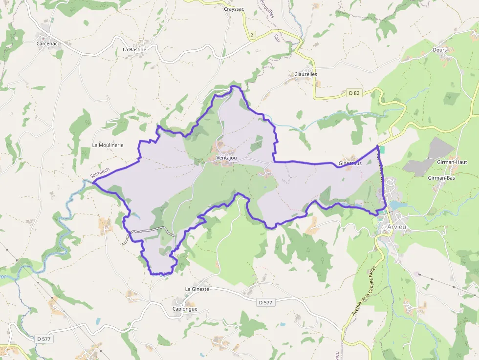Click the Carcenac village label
[x=46, y=43]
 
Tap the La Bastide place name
[x=134, y=49]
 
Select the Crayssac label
[x=233, y=9]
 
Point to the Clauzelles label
[x=305, y=74]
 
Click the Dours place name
[x=440, y=49]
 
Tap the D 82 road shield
[x=354, y=93]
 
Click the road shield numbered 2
[x=252, y=35]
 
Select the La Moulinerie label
[x=108, y=145]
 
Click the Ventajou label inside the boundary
[x=227, y=158]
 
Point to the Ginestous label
[x=350, y=163]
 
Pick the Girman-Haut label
[x=454, y=162]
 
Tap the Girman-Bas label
[x=441, y=178]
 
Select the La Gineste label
[x=197, y=289]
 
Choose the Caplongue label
[x=185, y=309]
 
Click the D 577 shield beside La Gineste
[x=265, y=302]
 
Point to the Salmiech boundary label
[x=100, y=172]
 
